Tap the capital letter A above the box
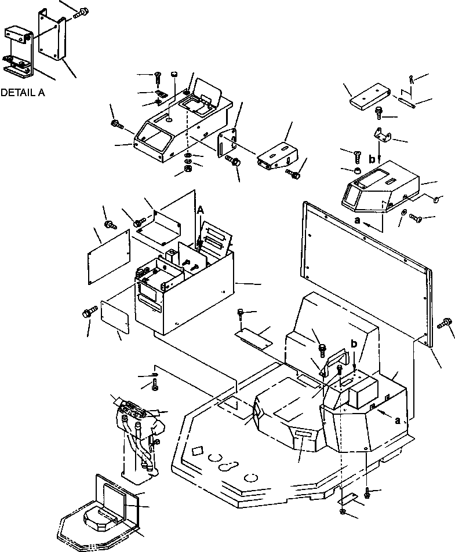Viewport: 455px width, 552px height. (200, 211)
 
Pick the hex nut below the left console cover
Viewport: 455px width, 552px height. (188, 169)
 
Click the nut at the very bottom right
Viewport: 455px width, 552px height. (344, 512)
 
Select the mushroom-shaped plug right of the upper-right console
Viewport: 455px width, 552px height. (436, 199)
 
